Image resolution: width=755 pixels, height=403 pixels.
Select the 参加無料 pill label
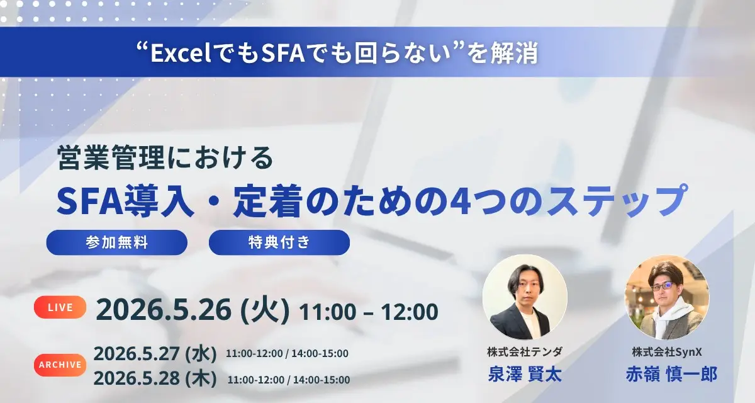tap(116, 242)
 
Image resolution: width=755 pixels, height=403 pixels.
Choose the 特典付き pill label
tap(279, 242)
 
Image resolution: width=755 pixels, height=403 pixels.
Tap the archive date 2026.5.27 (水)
tap(155, 354)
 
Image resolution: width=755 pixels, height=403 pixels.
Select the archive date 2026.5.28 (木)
tap(155, 378)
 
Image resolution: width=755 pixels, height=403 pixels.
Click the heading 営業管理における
tap(165, 158)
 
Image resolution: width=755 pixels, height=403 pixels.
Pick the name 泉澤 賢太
tap(524, 374)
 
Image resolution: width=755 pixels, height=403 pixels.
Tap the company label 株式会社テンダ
tap(524, 351)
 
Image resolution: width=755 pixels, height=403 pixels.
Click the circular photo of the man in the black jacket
tap(525, 297)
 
